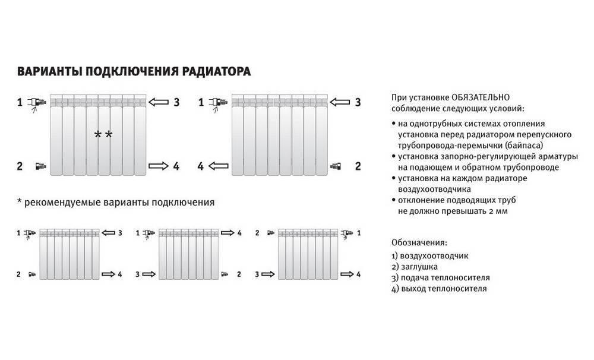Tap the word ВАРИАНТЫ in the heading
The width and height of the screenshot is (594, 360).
tap(49, 72)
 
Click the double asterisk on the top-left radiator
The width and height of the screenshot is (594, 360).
tap(103, 135)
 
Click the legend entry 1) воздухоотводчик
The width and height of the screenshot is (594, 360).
tap(431, 255)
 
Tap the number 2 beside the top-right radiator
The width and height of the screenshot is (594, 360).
tap(358, 166)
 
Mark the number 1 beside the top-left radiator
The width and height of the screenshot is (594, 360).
tap(19, 102)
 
